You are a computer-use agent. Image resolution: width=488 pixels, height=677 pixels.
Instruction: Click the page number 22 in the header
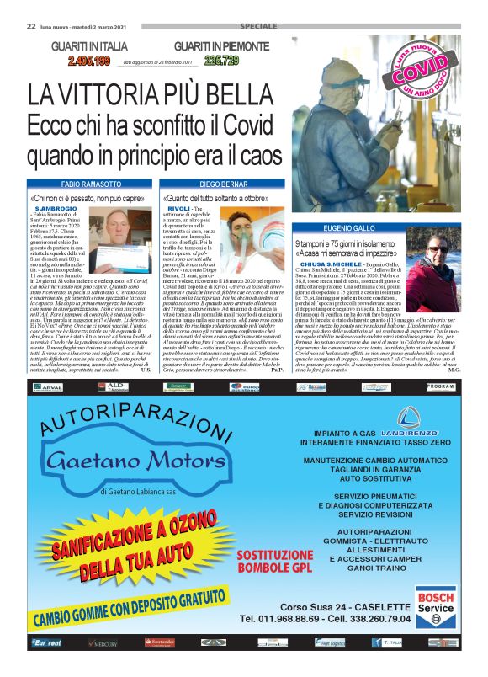point(19,27)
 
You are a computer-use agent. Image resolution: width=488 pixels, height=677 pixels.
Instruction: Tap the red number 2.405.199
point(80,61)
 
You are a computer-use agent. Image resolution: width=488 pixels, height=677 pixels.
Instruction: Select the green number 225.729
point(221,61)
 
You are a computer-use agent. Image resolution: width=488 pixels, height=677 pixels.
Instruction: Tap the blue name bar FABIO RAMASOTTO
point(92,183)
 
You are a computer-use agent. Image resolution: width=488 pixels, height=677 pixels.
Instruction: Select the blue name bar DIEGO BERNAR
point(222,183)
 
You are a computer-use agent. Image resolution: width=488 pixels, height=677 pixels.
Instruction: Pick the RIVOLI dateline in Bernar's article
point(179,208)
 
